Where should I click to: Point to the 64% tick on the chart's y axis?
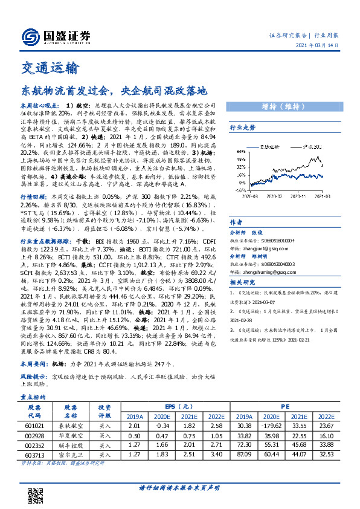[x=242, y=151]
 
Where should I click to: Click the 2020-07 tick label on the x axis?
[x=273, y=196]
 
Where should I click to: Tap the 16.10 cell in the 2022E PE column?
[x=326, y=435]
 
